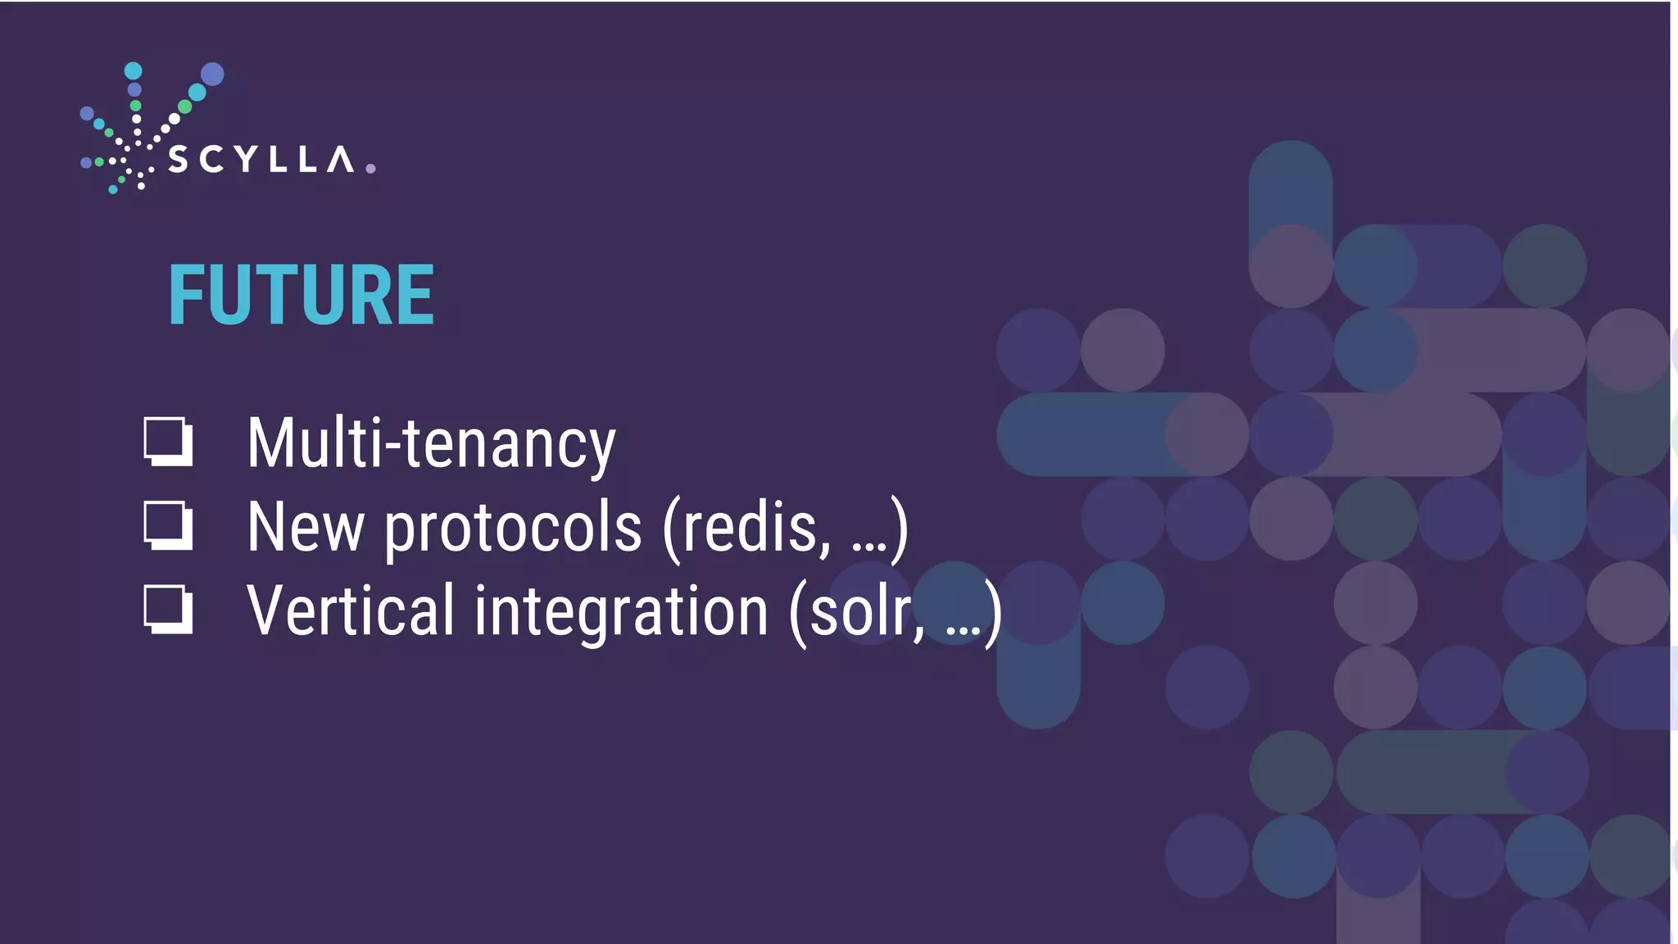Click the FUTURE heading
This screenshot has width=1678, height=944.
tap(301, 295)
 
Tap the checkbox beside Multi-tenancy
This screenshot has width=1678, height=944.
tap(169, 442)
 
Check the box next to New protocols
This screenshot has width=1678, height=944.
tap(169, 525)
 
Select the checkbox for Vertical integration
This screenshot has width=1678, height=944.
tap(169, 610)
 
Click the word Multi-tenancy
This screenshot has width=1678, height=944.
tap(431, 443)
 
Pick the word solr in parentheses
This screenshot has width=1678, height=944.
tap(865, 612)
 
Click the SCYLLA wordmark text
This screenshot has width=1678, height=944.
tap(261, 160)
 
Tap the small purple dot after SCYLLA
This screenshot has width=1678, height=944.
tap(370, 169)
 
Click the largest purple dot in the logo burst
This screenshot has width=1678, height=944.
tap(212, 74)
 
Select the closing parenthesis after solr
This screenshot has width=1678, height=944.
tap(993, 612)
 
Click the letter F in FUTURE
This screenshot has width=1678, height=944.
tap(184, 295)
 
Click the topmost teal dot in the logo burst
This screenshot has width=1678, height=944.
tap(134, 70)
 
